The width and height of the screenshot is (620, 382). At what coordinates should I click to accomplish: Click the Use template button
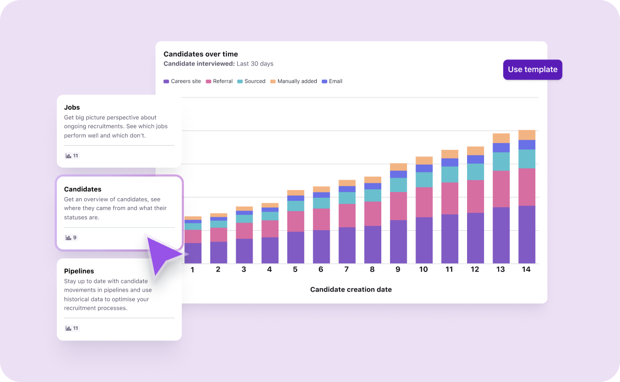tap(532, 70)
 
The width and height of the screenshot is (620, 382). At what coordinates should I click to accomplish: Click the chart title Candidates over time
tap(200, 54)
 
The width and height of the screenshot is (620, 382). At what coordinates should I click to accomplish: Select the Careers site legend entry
tap(182, 82)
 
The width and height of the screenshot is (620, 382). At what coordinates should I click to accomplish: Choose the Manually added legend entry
tap(293, 82)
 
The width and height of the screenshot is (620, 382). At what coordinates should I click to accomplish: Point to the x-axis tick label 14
tap(526, 269)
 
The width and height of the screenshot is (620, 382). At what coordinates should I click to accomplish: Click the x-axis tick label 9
tap(398, 269)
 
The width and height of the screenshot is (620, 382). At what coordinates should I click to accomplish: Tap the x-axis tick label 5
tap(295, 269)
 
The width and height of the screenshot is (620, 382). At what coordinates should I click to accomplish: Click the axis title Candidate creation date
tap(351, 290)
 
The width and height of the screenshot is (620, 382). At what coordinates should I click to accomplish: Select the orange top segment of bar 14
tap(526, 135)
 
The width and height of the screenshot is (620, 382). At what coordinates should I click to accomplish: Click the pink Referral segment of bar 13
tap(501, 189)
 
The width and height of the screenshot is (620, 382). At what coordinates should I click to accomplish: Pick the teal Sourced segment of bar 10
tap(424, 180)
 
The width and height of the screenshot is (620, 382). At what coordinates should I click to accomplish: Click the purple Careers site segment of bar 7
tap(347, 245)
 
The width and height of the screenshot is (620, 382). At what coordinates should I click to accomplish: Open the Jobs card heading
tap(72, 107)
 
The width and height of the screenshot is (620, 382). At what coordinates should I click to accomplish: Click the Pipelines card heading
tap(79, 271)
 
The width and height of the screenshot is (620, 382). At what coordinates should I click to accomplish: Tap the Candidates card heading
tap(83, 189)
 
